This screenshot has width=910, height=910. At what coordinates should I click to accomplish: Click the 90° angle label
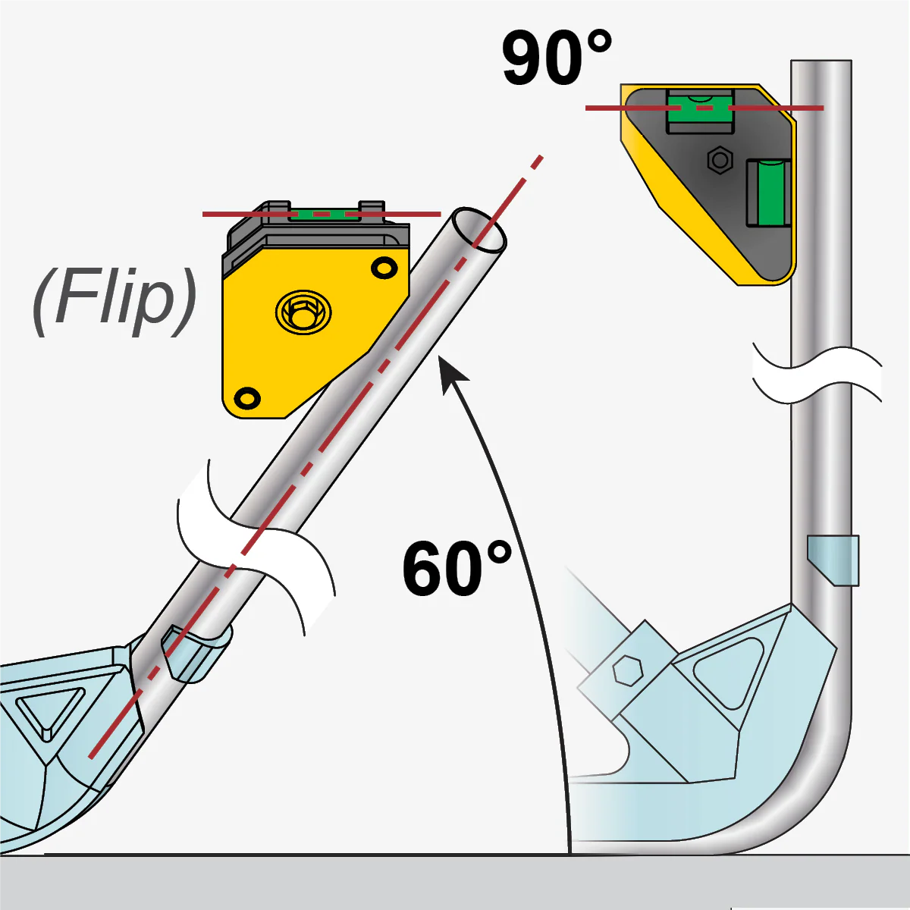coord(557,58)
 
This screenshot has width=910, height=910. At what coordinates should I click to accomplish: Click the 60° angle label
coord(457,569)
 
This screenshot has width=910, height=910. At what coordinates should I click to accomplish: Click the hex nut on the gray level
coord(719,161)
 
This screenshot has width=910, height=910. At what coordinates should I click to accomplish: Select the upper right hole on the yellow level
coord(384,268)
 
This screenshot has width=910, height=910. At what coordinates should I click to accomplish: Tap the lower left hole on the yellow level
coord(246,397)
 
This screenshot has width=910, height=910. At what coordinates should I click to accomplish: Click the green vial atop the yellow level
coord(325,214)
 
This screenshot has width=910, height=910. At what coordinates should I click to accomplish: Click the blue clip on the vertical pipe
coord(833,560)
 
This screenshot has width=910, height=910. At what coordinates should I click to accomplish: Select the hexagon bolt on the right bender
coord(627,670)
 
